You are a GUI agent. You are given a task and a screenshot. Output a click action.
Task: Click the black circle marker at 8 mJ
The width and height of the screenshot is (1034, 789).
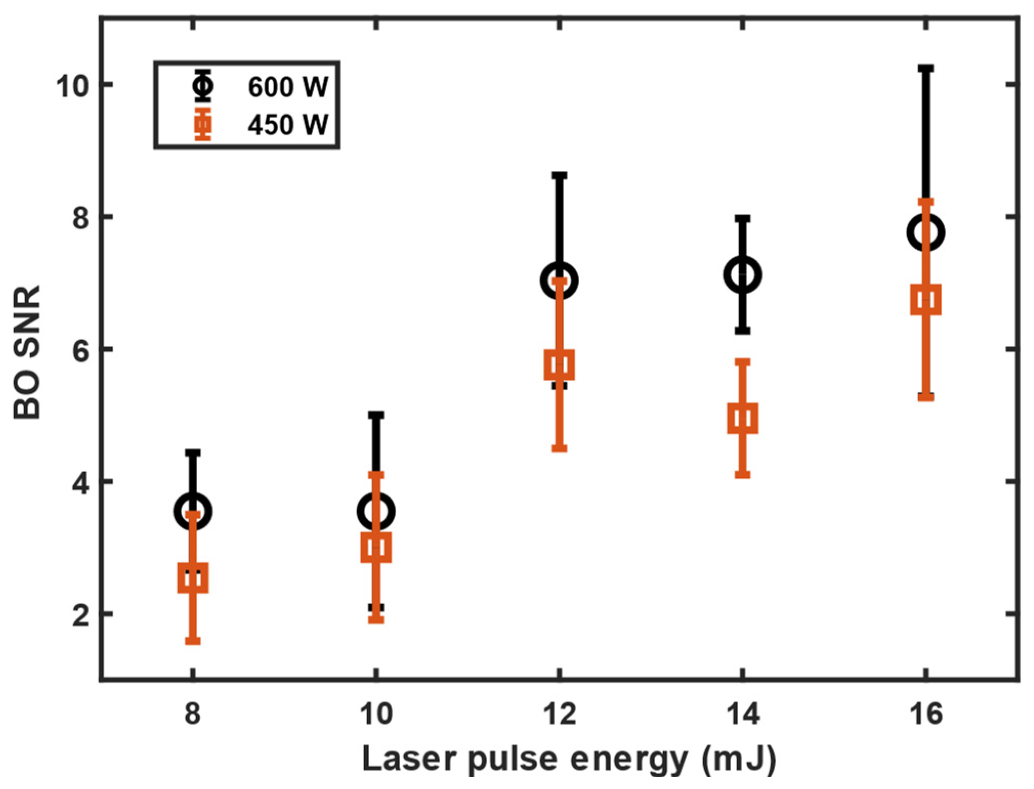click(x=193, y=511)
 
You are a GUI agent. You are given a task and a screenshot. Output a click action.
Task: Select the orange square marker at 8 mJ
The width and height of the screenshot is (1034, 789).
click(x=193, y=578)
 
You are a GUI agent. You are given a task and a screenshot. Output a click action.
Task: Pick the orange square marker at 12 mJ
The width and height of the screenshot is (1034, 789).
click(x=559, y=365)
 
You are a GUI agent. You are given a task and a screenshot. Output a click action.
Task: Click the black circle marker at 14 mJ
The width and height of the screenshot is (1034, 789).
click(x=743, y=275)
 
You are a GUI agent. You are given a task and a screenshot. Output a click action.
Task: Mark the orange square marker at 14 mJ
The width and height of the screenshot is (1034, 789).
click(x=743, y=419)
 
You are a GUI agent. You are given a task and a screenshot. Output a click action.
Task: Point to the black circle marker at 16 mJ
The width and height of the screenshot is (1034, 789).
click(x=926, y=232)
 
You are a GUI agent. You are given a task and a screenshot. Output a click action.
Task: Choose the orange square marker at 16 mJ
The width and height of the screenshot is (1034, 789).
click(x=926, y=300)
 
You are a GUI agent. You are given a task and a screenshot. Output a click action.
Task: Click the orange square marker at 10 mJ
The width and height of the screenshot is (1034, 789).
click(x=376, y=547)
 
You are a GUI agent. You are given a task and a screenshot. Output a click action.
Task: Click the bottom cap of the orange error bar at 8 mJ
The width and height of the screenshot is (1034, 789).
click(x=193, y=641)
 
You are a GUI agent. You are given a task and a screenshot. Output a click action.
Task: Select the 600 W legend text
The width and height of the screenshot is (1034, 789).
click(x=288, y=86)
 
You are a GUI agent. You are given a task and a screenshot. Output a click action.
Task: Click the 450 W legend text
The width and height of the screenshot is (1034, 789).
click(x=288, y=124)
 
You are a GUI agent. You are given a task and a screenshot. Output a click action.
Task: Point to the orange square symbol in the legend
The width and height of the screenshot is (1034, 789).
click(x=203, y=124)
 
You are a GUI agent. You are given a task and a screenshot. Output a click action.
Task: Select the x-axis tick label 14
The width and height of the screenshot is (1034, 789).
click(x=743, y=713)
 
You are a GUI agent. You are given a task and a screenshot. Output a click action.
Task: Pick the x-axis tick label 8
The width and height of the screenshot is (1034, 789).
click(x=193, y=713)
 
